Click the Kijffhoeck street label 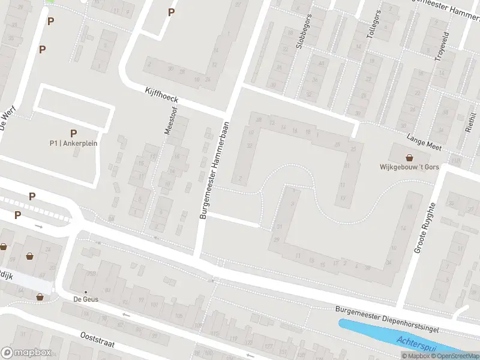coord(162,95)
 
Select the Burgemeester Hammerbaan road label coord(214,169)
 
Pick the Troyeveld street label coord(443,45)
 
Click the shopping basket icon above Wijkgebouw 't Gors coord(410,157)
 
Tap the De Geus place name coord(86,299)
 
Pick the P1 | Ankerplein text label coord(73,143)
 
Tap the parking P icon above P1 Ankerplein coord(73,133)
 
